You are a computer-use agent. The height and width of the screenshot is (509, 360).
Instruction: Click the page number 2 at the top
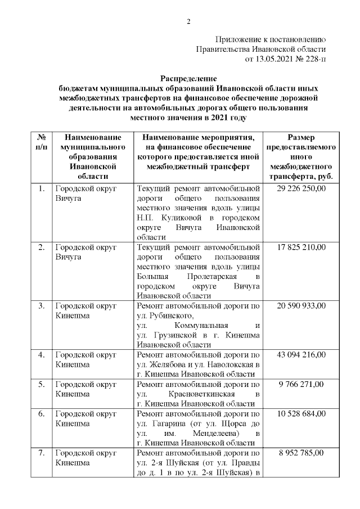coord(188,22)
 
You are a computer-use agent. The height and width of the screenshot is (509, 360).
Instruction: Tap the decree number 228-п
coord(314,58)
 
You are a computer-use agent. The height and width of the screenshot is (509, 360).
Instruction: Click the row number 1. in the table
coord(41,188)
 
